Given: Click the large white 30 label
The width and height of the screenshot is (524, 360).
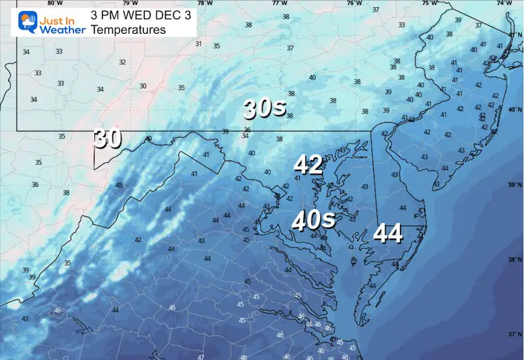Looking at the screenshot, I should pos(107,139).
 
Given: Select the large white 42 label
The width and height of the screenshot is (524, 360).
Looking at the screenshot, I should pos(308,165).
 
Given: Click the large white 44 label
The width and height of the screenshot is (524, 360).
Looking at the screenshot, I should pos(387,234).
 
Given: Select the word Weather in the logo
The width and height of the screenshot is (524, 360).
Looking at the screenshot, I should pos(62,30).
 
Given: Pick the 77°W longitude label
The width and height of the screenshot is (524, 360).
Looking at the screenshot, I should pos(279,3).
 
